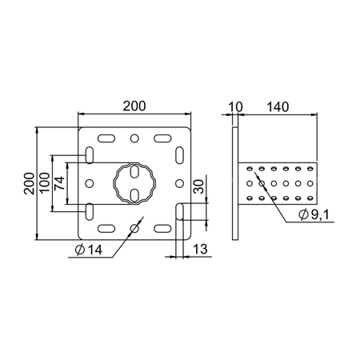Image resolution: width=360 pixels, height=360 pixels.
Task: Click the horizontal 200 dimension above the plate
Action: pos(134,106)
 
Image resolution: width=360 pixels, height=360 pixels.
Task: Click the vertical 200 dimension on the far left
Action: pos(29,183)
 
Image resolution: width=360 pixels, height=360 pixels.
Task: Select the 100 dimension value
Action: pos(45,182)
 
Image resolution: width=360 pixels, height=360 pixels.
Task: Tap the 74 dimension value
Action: pos(59,183)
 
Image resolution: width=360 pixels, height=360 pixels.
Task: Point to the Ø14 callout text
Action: pos(89,250)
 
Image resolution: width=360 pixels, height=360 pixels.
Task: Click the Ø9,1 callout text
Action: pos(314,214)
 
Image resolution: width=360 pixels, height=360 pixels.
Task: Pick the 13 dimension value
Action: pos(200,250)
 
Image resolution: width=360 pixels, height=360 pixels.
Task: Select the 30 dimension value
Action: pos(198,186)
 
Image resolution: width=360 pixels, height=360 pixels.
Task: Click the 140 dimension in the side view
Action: pos(278,107)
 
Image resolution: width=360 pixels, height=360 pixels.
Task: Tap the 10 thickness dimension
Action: pos(236,107)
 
